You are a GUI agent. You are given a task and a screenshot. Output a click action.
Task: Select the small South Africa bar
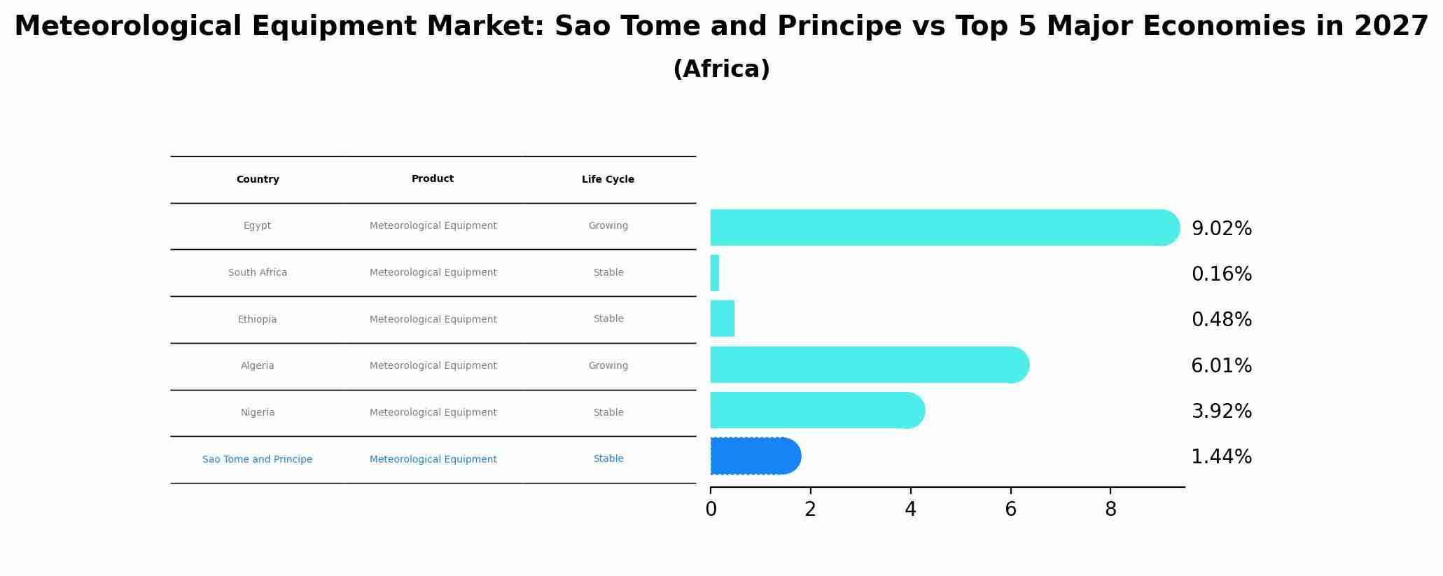pyautogui.click(x=715, y=273)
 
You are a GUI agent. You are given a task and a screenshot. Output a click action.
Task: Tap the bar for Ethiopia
pyautogui.click(x=723, y=318)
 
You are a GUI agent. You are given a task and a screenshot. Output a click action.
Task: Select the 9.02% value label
pyautogui.click(x=1221, y=229)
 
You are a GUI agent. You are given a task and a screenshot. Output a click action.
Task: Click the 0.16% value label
pyautogui.click(x=1221, y=274)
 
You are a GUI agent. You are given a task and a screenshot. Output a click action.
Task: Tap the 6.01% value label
pyautogui.click(x=1221, y=366)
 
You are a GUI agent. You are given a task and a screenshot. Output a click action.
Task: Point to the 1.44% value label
pyautogui.click(x=1221, y=457)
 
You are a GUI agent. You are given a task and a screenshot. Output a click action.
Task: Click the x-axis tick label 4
pyautogui.click(x=910, y=510)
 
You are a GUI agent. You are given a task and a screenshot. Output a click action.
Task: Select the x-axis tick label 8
pyautogui.click(x=1110, y=510)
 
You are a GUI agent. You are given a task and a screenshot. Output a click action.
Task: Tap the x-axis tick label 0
pyautogui.click(x=711, y=510)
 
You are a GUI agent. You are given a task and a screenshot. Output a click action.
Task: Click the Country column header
pyautogui.click(x=258, y=180)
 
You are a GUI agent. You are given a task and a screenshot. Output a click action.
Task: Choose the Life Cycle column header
pyautogui.click(x=608, y=180)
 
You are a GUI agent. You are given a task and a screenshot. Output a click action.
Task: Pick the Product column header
pyautogui.click(x=433, y=179)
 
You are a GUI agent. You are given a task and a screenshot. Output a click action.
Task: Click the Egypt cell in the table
pyautogui.click(x=257, y=226)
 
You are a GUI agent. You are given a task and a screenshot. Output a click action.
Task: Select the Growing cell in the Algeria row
pyautogui.click(x=608, y=366)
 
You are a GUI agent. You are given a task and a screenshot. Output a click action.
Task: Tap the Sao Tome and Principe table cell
pyautogui.click(x=257, y=460)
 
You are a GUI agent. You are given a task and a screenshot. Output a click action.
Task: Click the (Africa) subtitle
pyautogui.click(x=721, y=69)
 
